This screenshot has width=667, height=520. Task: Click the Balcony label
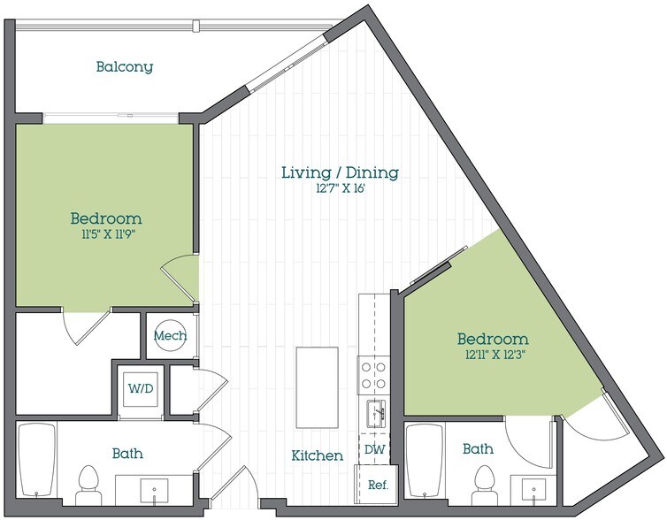pos(125,66)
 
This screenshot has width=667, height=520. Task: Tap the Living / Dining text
pos(340,172)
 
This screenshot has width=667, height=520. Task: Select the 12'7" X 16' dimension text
pos(340,188)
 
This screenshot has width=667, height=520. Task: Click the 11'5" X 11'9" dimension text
pos(106,234)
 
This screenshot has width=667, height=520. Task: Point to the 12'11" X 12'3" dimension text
pos(493,356)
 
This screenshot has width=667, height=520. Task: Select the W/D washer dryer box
pos(139,387)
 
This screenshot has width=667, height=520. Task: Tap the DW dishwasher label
pos(373,449)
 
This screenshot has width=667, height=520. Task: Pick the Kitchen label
pos(318,456)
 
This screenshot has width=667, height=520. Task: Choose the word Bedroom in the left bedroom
pos(106,218)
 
